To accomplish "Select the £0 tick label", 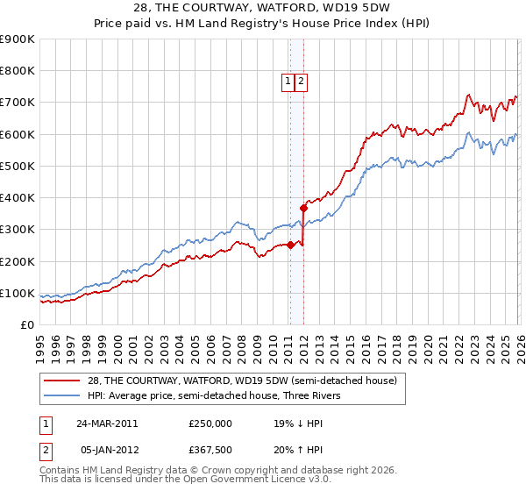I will [27, 324].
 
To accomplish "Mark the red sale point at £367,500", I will [303, 208].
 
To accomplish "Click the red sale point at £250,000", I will [290, 245].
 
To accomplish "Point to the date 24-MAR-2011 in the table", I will [106, 423].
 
